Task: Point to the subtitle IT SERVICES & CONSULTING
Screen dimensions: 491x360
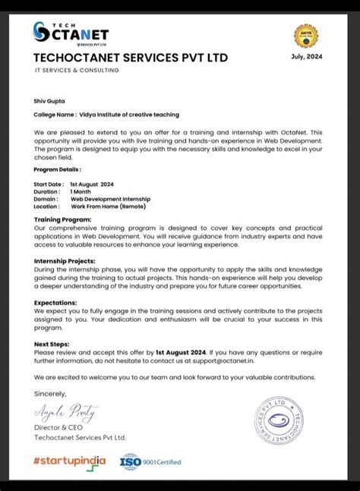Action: tap(77, 71)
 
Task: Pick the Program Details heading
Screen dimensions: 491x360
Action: tap(58, 171)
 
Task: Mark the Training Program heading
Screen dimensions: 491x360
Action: tap(62, 219)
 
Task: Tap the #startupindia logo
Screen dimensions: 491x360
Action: tap(70, 461)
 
